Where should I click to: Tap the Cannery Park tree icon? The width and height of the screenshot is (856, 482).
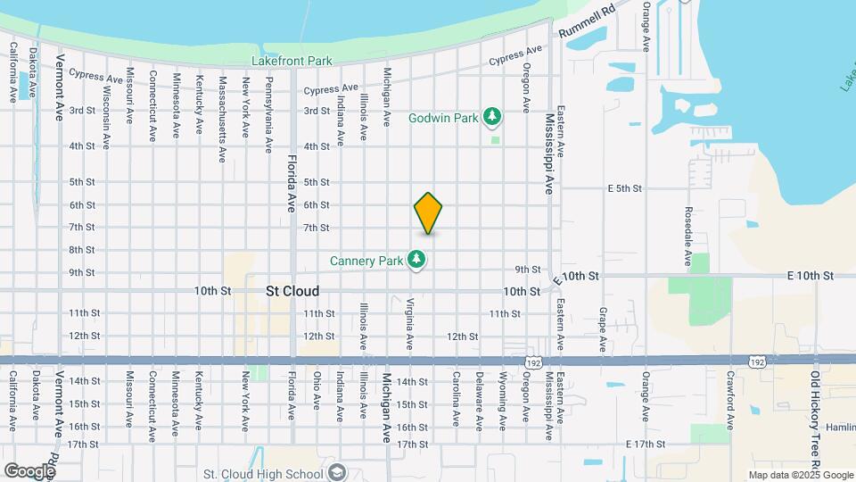tap(416, 260)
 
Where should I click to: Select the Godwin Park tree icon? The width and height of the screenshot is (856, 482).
tap(491, 117)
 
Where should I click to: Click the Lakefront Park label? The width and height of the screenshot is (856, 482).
tap(291, 61)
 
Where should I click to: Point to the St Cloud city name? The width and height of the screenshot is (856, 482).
tap(292, 292)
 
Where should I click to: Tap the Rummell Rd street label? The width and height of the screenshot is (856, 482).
tap(588, 23)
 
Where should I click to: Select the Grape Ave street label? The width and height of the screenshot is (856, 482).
tap(603, 328)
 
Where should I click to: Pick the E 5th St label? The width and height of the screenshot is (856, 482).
tap(625, 189)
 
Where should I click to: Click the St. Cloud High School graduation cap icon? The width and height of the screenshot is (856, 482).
tap(337, 474)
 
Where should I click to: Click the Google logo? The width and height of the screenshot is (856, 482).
tap(29, 470)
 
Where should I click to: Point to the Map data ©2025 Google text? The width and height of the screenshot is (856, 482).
tap(800, 475)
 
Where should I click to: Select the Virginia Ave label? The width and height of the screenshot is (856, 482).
tap(410, 323)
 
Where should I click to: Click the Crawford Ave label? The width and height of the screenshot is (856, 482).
tap(730, 396)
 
